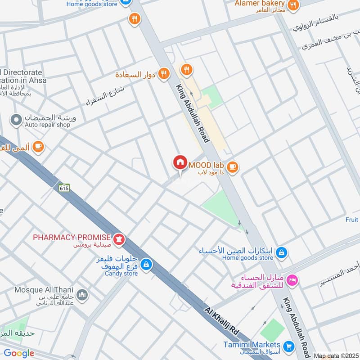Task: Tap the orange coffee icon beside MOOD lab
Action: click(232, 167)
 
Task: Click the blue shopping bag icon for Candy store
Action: click(145, 265)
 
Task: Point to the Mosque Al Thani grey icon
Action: click(82, 295)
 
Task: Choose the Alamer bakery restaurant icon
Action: click(293, 5)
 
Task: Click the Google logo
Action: click(19, 353)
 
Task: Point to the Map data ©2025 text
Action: click(336, 355)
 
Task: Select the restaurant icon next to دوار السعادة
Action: click(164, 73)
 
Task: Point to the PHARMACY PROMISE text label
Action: click(72, 237)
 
